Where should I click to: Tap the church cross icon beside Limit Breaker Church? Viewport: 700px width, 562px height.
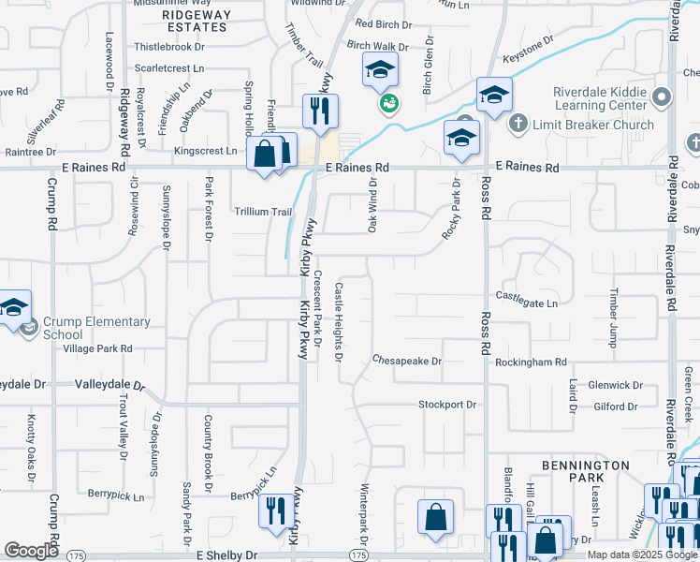tap(518, 124)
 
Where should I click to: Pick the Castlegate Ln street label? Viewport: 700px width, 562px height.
tap(526, 303)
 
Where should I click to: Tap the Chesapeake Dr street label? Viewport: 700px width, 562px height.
tap(406, 360)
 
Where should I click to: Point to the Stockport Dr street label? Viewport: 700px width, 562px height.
tap(447, 405)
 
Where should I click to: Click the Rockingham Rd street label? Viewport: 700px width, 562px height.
tap(532, 362)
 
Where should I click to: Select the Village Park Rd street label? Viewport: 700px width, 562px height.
tap(97, 348)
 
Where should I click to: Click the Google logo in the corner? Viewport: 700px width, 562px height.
tap(31, 551)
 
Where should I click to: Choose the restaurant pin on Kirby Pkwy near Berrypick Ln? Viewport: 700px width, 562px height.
tap(274, 511)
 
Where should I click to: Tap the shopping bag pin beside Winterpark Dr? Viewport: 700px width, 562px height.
tap(435, 516)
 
